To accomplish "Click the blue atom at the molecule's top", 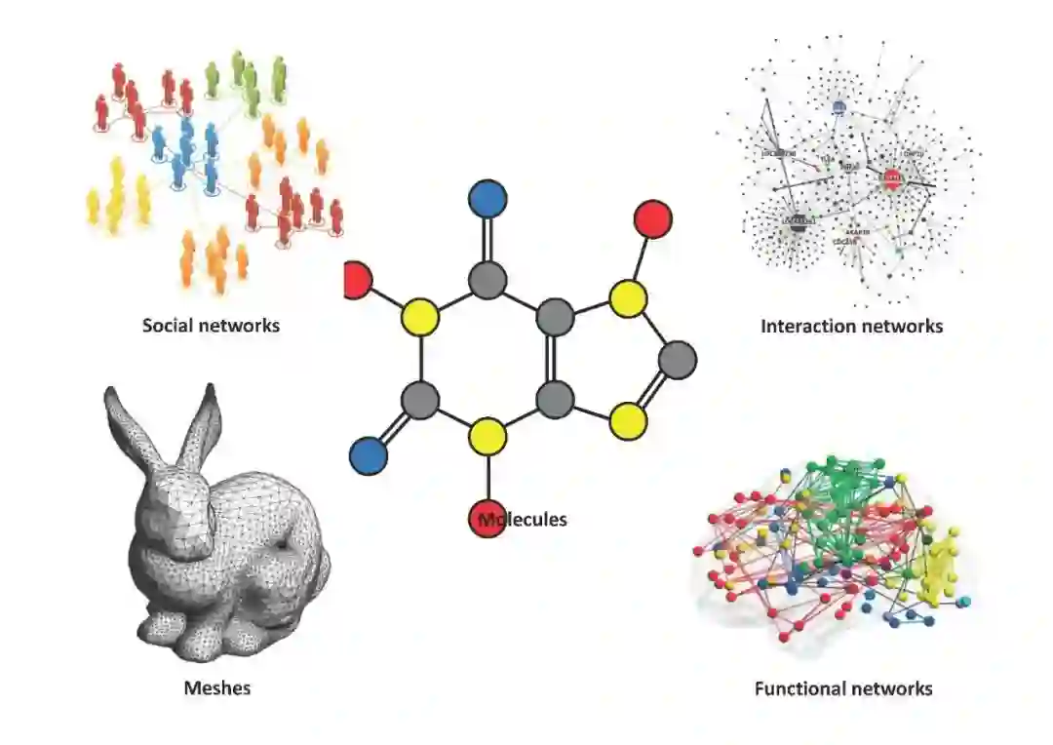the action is tap(487, 199).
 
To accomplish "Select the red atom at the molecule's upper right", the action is tap(652, 218).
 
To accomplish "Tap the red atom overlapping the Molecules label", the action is tap(487, 518).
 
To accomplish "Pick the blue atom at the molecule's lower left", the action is tap(369, 454).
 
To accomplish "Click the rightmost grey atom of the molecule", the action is tap(678, 359).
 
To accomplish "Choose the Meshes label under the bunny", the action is tap(217, 688).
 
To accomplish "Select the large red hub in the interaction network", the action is tap(891, 178).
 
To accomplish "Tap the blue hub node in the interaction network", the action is tap(838, 108).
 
